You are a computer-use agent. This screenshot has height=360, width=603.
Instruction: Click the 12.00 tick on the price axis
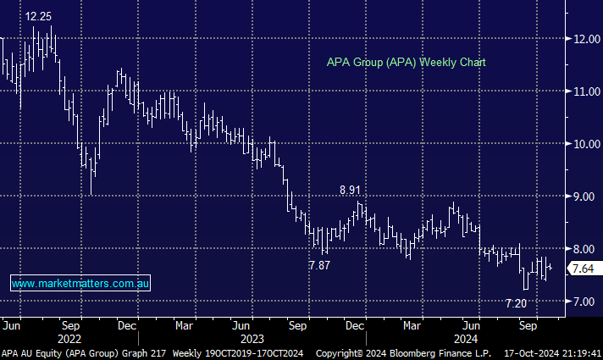pos(584,39)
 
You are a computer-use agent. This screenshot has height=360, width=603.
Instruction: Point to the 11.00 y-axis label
pos(584,91)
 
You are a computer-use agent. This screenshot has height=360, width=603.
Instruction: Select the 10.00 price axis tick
pos(584,144)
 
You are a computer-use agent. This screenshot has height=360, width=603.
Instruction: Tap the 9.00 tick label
pos(584,197)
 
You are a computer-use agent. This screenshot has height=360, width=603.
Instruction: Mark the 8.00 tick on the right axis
pos(584,249)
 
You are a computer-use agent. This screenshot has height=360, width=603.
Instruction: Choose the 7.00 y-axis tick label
pos(584,302)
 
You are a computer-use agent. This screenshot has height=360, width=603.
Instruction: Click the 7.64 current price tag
pos(583,269)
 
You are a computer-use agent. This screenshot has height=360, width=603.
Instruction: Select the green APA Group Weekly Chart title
pos(407,63)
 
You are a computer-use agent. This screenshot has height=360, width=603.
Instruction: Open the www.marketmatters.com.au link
pos(81,284)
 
